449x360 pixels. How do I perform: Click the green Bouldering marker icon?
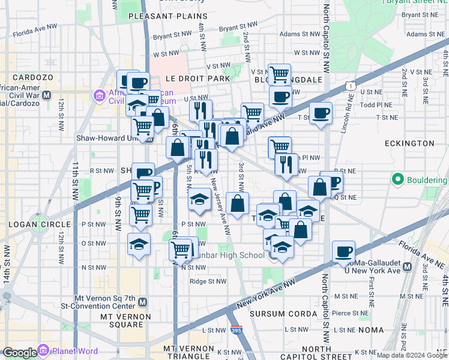pyautogui.click(x=397, y=179)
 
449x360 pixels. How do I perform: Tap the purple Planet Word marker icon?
pyautogui.click(x=43, y=350)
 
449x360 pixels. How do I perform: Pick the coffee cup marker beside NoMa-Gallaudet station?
pyautogui.click(x=344, y=251)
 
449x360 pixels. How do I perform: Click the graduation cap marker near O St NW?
pyautogui.click(x=139, y=244)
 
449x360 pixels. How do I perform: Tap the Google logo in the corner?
pyautogui.click(x=20, y=353)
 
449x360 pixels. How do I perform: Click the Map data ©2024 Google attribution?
pyautogui.click(x=412, y=355)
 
